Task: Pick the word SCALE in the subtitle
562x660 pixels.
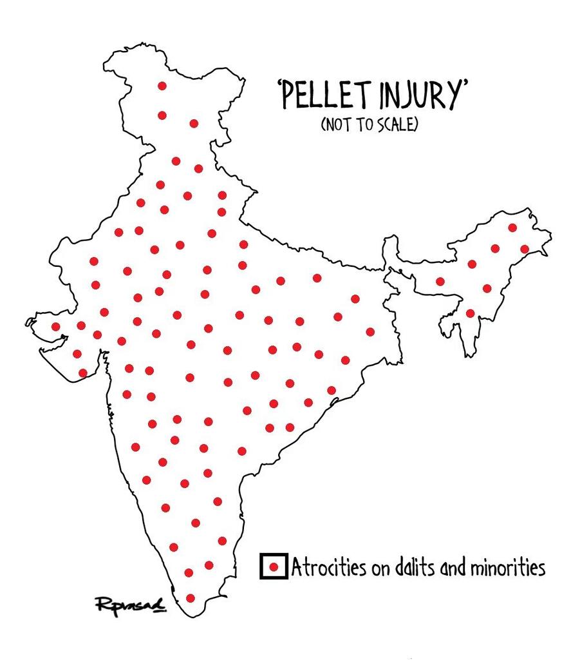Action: pos(398,124)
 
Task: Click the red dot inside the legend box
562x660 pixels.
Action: pos(274,567)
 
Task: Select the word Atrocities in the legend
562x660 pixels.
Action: pos(323,568)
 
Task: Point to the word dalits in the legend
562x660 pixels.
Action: pos(403,568)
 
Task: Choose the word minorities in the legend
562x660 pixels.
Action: pos(505,568)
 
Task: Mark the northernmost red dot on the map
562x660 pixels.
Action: pos(162,86)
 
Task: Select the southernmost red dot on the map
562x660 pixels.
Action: pos(190,598)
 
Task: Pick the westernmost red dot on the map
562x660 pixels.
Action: pos(56,327)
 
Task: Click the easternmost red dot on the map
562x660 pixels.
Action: pos(525,249)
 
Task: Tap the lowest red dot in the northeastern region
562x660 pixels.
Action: pos(470,313)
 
